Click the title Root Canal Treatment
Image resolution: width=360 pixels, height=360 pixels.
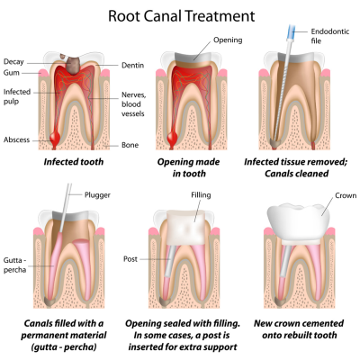pyautogui.click(x=181, y=16)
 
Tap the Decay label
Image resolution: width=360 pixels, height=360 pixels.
pyautogui.click(x=13, y=62)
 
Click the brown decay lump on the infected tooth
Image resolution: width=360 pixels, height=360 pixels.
pyautogui.click(x=71, y=64)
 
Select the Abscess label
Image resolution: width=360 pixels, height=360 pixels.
pyautogui.click(x=16, y=139)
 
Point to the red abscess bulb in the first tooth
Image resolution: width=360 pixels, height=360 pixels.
pyautogui.click(x=55, y=138)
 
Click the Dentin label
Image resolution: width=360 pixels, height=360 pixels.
pyautogui.click(x=132, y=66)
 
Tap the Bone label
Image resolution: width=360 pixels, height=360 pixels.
pyautogui.click(x=130, y=145)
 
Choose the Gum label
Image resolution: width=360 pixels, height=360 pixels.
pyautogui.click(x=12, y=73)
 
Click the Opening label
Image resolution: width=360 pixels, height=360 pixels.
pyautogui.click(x=228, y=40)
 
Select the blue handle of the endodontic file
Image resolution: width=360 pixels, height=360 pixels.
pyautogui.click(x=291, y=32)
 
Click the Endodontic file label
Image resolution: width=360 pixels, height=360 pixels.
pyautogui.click(x=330, y=36)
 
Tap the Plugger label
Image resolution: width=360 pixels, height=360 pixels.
pyautogui.click(x=97, y=195)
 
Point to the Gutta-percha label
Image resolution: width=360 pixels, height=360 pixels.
pyautogui.click(x=14, y=265)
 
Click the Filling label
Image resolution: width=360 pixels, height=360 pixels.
pyautogui.click(x=201, y=195)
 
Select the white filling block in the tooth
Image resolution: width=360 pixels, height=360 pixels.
pyautogui.click(x=186, y=228)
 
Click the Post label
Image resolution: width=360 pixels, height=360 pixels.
pyautogui.click(x=130, y=259)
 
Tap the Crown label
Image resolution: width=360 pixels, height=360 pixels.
pyautogui.click(x=346, y=195)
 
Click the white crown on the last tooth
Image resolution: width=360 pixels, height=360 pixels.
pyautogui.click(x=299, y=222)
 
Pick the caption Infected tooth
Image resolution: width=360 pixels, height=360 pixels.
pyautogui.click(x=74, y=162)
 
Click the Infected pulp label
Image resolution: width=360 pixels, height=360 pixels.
pyautogui.click(x=17, y=96)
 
